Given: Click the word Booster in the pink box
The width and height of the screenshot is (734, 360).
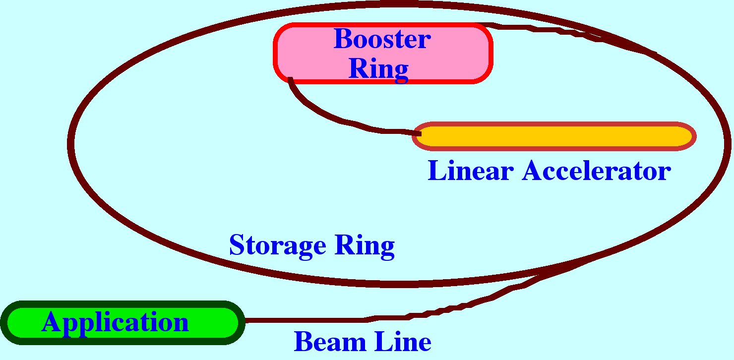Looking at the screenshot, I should pyautogui.click(x=382, y=39).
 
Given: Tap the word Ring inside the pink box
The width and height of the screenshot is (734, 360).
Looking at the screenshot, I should pyautogui.click(x=378, y=69).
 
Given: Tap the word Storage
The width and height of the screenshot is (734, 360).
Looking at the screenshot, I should pyautogui.click(x=277, y=245).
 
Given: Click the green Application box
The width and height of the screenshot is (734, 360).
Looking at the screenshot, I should pyautogui.click(x=218, y=322).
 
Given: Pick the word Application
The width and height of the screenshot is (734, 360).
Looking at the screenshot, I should pyautogui.click(x=115, y=322).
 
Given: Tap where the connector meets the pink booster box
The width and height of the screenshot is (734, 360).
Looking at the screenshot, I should pyautogui.click(x=290, y=80).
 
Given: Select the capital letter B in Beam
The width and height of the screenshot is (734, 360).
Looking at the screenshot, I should pyautogui.click(x=303, y=342).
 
